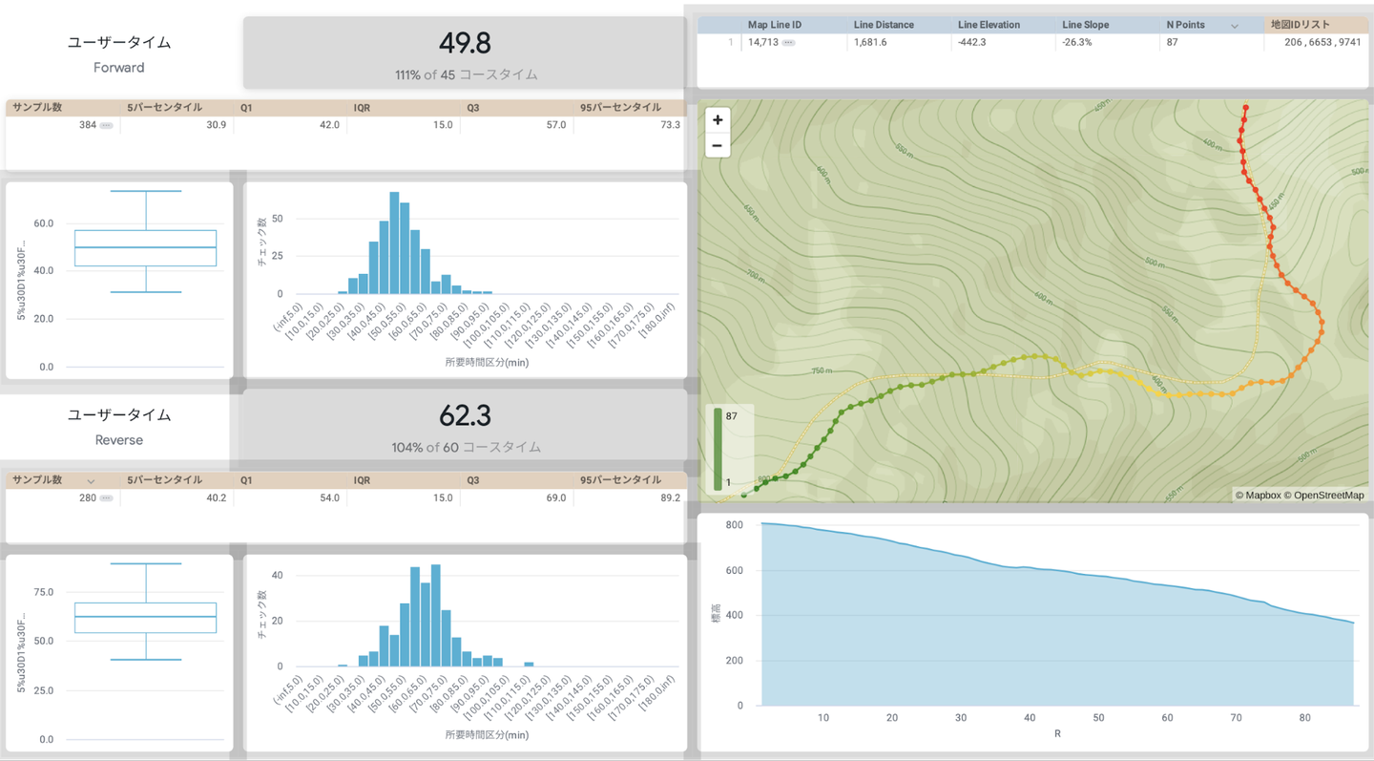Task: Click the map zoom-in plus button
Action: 718,120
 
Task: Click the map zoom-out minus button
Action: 718,146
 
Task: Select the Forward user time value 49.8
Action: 465,43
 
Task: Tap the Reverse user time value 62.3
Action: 465,415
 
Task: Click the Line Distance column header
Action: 884,25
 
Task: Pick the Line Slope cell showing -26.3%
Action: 1077,42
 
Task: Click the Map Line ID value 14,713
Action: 763,42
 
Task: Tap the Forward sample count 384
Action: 87,125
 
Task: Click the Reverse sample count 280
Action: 87,497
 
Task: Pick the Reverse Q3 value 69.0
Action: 555,497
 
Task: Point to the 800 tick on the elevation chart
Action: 734,525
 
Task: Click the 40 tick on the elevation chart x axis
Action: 1030,718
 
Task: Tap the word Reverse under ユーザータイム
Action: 119,440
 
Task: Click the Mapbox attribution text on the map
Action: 1258,496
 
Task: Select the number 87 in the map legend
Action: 731,416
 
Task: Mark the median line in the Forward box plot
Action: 146,247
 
